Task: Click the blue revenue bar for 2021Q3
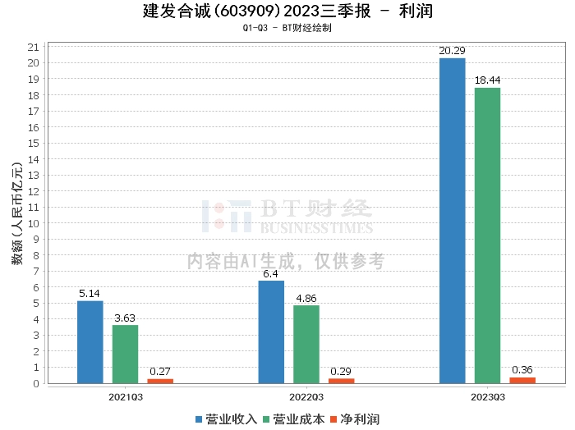click(x=90, y=342)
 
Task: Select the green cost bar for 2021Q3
click(x=125, y=355)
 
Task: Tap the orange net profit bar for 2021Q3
click(x=160, y=381)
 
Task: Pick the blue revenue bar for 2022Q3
click(x=271, y=332)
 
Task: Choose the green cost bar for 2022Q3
click(x=306, y=345)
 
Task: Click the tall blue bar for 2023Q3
click(x=453, y=221)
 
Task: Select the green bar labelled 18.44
click(x=487, y=236)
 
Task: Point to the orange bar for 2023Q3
click(x=522, y=380)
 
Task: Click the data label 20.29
click(x=452, y=51)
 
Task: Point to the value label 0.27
click(x=160, y=371)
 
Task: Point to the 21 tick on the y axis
click(x=34, y=47)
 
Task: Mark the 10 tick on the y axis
click(x=34, y=223)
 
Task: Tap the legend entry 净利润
click(x=354, y=419)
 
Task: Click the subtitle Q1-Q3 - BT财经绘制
click(x=287, y=28)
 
